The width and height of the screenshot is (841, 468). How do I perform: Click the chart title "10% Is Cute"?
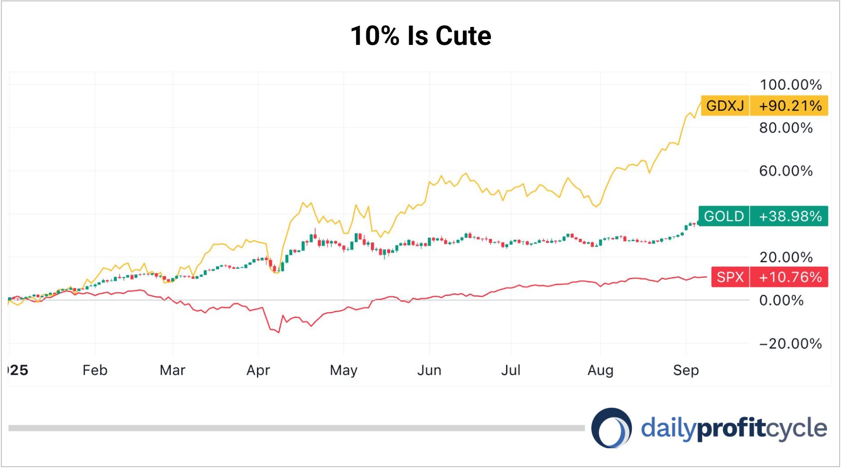[x=421, y=36]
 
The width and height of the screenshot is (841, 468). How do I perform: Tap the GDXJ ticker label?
[x=725, y=106]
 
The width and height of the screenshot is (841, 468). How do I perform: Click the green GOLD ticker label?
[x=723, y=216]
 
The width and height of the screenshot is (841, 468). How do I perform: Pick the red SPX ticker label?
[x=730, y=277]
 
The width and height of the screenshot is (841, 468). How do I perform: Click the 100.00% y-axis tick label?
[x=790, y=85]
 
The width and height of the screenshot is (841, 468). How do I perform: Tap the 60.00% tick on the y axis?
[x=786, y=171]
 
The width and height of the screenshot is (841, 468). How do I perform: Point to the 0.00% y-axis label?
[x=781, y=300]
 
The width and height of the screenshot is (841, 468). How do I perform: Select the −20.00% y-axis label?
[x=790, y=344]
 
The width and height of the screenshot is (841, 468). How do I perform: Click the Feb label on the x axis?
[x=95, y=370]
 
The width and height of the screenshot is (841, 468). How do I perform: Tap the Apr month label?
[x=258, y=370]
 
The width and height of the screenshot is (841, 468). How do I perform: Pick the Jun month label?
[x=429, y=370]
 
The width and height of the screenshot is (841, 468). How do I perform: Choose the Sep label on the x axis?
[x=686, y=370]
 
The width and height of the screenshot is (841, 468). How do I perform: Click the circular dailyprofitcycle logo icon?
[x=612, y=428]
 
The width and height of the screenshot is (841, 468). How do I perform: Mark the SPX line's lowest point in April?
[x=279, y=332]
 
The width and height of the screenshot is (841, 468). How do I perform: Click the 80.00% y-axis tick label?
[x=786, y=128]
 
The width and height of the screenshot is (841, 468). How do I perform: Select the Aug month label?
[x=600, y=370]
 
